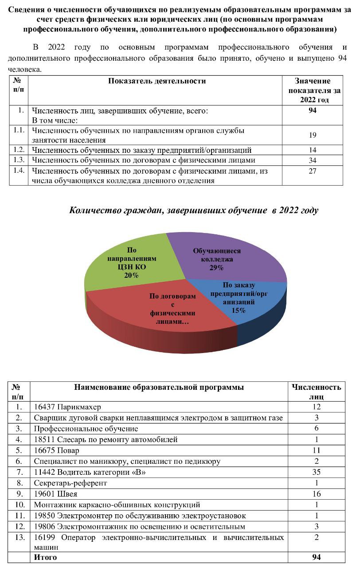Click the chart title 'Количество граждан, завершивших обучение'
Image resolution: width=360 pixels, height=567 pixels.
pos(194,210)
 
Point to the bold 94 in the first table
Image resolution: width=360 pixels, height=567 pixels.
pos(313,111)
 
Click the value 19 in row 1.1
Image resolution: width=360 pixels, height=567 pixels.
pos(313,135)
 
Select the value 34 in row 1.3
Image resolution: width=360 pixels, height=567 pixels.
pos(313,160)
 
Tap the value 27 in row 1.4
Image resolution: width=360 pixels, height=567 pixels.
pos(313,171)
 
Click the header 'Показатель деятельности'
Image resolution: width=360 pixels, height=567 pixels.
pos(157,81)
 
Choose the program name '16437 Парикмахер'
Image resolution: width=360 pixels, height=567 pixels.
pos(67,407)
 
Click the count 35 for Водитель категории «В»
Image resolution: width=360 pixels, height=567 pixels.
pos(316,472)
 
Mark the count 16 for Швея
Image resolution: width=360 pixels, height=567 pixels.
pos(316,494)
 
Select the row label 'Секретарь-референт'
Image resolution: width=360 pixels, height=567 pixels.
pos(70,483)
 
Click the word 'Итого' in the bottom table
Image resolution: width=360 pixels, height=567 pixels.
pos(45,557)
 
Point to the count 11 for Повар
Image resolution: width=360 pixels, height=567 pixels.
pos(316,450)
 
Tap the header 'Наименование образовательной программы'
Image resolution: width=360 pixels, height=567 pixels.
pos(159,388)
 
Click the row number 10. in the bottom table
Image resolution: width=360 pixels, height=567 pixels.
pos(19,505)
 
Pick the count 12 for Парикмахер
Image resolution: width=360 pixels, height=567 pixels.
pos(316,407)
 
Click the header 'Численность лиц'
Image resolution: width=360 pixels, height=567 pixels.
pos(316,392)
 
